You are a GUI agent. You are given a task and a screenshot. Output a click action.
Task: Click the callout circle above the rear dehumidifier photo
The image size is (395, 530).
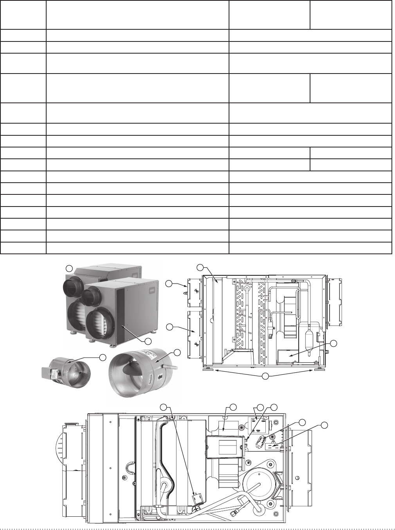[69, 268]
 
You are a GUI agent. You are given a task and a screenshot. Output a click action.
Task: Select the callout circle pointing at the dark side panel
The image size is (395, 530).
[148, 341]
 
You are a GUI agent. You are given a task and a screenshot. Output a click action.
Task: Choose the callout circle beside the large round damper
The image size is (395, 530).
[177, 352]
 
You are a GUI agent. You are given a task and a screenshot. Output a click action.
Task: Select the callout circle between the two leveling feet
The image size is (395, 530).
[265, 377]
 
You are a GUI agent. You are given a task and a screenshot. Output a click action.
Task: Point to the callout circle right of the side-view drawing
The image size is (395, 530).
[333, 343]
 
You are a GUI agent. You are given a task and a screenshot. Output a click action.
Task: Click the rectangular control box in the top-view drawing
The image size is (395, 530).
[224, 446]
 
